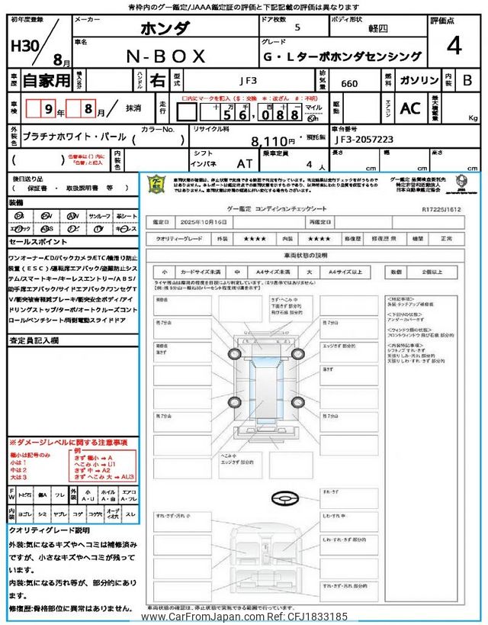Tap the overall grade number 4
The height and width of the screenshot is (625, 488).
coord(454,47)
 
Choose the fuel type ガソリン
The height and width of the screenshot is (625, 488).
coord(419,79)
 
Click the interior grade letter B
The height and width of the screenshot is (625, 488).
coord(467,79)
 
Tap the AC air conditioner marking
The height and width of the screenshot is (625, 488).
coord(410,108)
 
